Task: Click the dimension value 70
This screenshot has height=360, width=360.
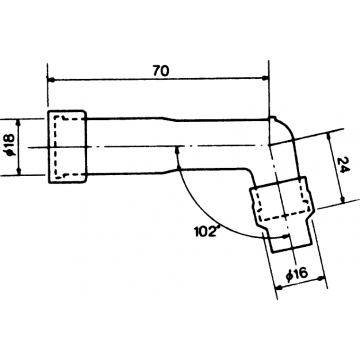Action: (160, 71)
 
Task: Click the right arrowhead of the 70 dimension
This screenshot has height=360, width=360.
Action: (266, 82)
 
